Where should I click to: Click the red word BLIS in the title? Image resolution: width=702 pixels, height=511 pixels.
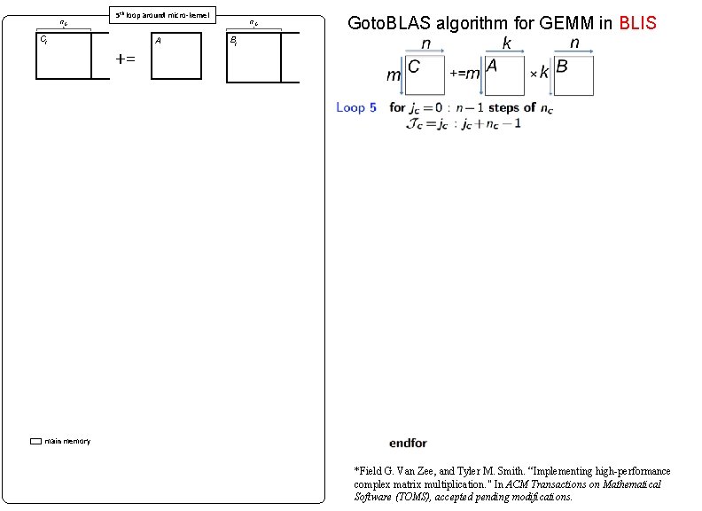[x=638, y=22]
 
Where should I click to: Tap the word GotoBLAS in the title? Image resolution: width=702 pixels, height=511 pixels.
[x=388, y=22]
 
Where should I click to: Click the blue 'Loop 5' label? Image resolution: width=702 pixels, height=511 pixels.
[x=356, y=107]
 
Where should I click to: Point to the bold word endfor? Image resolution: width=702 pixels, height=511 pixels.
[x=408, y=443]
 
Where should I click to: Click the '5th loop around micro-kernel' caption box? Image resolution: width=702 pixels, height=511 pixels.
[x=161, y=15]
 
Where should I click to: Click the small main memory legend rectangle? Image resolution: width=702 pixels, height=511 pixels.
[x=35, y=441]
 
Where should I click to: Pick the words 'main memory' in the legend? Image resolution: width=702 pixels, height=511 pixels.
[x=67, y=441]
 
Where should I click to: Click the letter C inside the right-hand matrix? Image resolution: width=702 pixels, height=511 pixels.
[x=414, y=67]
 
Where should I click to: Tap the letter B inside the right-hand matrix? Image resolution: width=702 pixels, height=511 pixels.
[x=562, y=67]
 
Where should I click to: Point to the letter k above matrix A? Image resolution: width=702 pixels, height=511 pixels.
[x=507, y=43]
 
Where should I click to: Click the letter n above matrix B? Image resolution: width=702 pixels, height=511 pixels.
[x=574, y=43]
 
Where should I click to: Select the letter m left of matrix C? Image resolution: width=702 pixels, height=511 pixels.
[x=393, y=76]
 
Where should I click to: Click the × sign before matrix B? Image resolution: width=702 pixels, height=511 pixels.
[x=534, y=75]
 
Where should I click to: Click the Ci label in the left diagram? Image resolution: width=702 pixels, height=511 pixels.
[x=43, y=40]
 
